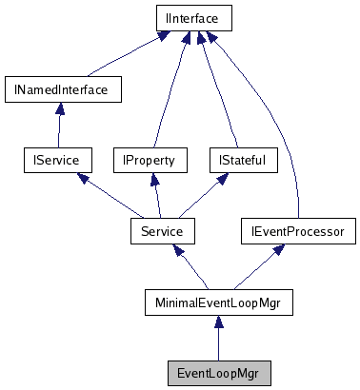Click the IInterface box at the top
pos(193,17)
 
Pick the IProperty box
pos(149,160)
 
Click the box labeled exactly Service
pos(162,230)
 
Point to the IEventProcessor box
pos(298,230)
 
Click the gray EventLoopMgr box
pos(218,372)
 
